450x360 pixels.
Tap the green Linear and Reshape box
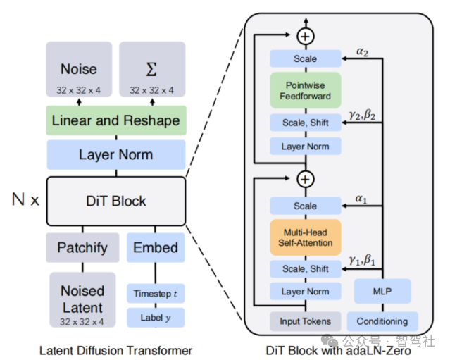point(115,120)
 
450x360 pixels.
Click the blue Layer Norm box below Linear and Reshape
point(115,154)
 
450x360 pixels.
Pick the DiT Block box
point(115,201)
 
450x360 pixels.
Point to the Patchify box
point(82,247)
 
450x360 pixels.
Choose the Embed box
point(156,247)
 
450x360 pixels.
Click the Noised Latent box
point(82,299)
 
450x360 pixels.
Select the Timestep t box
point(156,292)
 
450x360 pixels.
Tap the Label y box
point(156,317)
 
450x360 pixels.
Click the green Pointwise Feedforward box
point(305,90)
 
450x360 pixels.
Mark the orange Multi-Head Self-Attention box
point(305,237)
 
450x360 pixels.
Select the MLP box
point(382,291)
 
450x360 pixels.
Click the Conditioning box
point(382,321)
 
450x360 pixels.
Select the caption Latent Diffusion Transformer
point(115,349)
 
